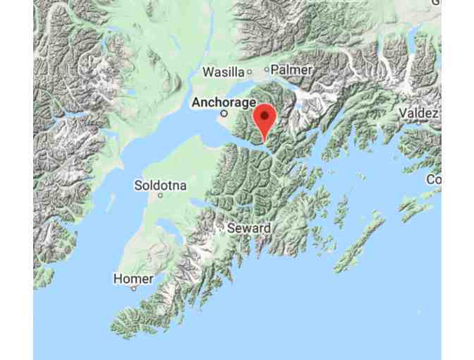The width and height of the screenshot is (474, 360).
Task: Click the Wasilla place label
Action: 222,72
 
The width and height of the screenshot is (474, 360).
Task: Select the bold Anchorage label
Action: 224,102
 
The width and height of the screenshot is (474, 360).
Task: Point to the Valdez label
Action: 419,114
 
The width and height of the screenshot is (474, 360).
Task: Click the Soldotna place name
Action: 160,186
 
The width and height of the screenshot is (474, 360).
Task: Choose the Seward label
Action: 248,229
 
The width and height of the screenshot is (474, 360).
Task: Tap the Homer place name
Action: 133,279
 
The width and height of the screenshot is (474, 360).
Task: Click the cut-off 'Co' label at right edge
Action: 433,180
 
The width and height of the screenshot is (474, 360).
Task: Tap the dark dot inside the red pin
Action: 264,115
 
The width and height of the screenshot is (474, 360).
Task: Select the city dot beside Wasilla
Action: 248,72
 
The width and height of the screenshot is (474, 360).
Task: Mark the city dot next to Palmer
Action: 267,70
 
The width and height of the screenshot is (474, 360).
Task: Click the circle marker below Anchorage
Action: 224,113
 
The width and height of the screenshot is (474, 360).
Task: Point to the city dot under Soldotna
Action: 162,196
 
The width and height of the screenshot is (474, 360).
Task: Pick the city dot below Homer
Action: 132,289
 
